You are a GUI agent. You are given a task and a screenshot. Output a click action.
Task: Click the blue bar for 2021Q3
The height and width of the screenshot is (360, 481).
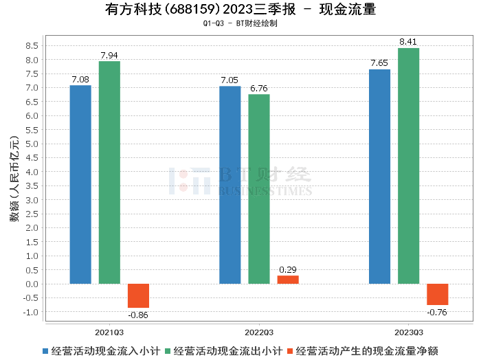(80, 184)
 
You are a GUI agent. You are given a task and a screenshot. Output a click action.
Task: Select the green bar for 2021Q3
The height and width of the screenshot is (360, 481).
(109, 172)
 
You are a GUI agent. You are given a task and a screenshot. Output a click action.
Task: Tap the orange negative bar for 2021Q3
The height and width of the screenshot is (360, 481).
(138, 295)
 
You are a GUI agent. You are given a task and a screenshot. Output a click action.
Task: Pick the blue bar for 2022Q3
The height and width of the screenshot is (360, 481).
(230, 185)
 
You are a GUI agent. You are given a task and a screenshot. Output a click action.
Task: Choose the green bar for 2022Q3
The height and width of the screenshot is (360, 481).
(259, 189)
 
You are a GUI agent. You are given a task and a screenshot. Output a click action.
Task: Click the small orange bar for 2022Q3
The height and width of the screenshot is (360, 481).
(288, 280)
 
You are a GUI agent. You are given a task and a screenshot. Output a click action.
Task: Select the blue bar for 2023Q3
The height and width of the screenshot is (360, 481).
(379, 177)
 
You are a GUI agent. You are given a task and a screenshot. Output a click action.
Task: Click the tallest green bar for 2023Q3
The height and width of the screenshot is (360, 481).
(408, 166)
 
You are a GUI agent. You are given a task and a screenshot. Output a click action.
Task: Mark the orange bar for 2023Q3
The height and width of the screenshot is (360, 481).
(437, 294)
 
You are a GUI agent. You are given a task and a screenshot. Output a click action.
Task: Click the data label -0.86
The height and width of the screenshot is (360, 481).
(138, 315)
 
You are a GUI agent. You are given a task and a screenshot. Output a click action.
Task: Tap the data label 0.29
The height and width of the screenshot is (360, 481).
(288, 270)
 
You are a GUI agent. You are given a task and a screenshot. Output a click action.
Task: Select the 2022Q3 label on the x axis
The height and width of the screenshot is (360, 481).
(258, 330)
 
